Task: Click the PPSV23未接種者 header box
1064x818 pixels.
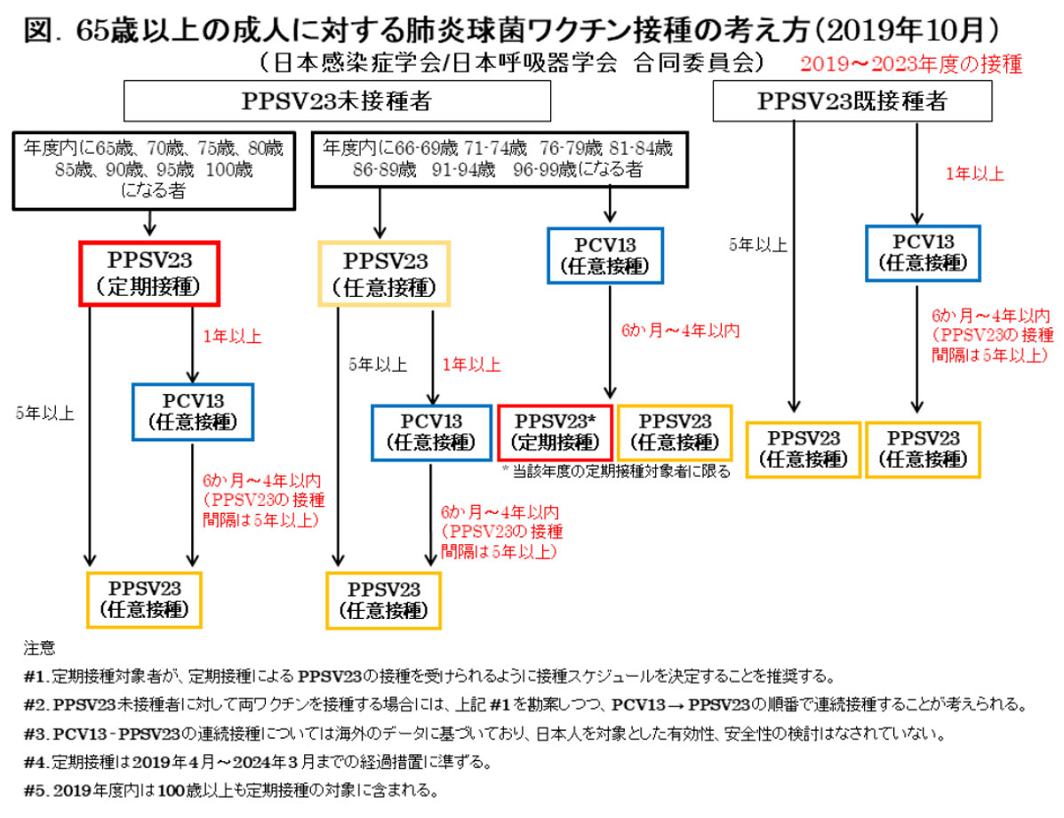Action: point(337,101)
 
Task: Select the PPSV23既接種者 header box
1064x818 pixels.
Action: point(852,101)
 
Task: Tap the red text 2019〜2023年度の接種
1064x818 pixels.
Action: point(910,64)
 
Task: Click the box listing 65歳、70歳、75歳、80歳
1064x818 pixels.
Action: point(154,171)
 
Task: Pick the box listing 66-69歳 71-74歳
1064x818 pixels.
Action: point(500,159)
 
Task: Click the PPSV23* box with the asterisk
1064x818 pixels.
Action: point(555,432)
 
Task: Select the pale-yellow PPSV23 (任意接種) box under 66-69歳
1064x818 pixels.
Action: point(384,274)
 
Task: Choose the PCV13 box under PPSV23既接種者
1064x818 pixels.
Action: point(923,253)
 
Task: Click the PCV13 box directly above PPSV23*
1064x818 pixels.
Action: point(605,255)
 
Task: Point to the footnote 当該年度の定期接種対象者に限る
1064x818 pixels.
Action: point(616,471)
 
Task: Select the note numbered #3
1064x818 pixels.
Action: point(484,734)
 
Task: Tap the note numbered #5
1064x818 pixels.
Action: point(231,790)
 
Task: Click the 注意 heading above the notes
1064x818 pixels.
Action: point(39,647)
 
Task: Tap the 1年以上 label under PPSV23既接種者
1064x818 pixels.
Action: point(974,173)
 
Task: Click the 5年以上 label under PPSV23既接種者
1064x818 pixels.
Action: point(758,245)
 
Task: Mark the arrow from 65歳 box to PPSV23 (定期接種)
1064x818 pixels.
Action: point(150,222)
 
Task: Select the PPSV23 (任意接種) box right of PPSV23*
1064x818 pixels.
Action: point(676,432)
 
